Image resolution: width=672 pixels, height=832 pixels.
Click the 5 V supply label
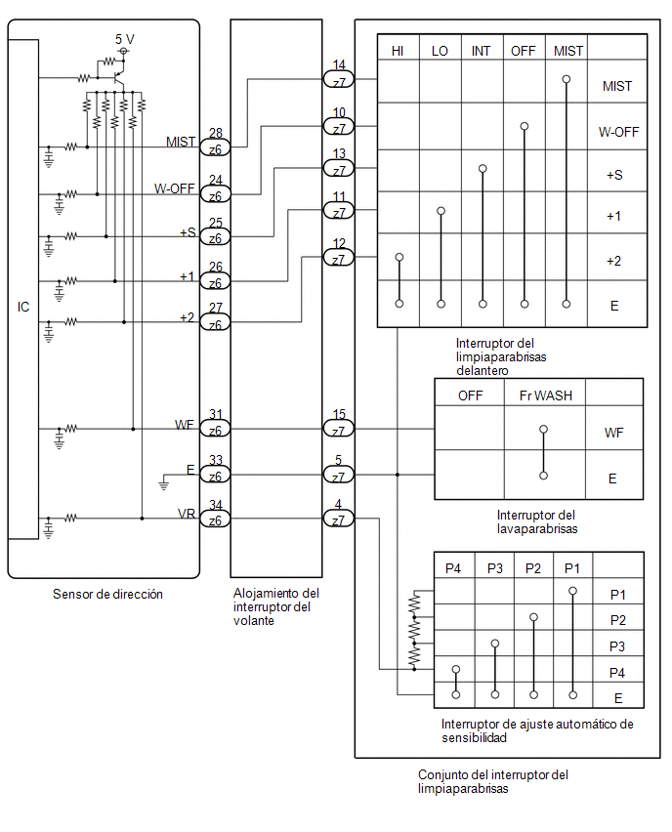click(x=125, y=39)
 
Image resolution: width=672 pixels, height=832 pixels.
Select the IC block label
click(x=23, y=307)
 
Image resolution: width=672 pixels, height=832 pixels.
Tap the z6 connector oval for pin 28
click(x=215, y=148)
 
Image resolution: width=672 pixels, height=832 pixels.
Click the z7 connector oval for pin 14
click(x=339, y=80)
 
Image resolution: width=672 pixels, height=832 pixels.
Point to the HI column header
click(x=398, y=51)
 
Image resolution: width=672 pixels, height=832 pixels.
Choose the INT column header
click(x=481, y=51)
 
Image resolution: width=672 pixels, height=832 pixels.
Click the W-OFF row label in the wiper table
click(x=619, y=132)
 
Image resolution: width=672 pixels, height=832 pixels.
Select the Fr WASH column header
click(x=546, y=395)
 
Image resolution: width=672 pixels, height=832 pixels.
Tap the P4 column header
click(x=453, y=568)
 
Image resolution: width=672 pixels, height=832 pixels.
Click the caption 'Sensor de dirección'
click(x=107, y=594)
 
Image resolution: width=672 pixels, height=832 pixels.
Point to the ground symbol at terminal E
click(x=164, y=483)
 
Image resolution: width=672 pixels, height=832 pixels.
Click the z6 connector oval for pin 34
click(x=215, y=520)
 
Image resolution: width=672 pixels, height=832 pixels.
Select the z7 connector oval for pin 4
click(x=339, y=519)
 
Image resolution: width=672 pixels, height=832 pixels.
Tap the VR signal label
click(x=187, y=514)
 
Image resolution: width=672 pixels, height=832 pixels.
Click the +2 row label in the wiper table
click(x=614, y=261)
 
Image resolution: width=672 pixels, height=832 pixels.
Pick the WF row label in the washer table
click(x=613, y=433)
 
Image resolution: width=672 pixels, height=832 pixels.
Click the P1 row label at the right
click(x=618, y=595)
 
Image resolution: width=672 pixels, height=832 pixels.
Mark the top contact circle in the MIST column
click(x=567, y=80)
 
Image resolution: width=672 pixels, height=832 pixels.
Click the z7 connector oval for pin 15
click(x=339, y=429)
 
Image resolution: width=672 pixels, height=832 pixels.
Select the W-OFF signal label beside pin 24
click(x=175, y=188)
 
